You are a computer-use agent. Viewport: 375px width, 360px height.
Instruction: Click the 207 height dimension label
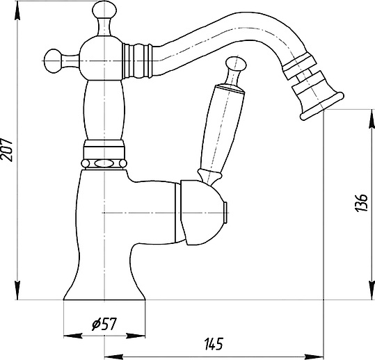click(6, 150)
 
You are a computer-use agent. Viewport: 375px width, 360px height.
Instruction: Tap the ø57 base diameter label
click(104, 324)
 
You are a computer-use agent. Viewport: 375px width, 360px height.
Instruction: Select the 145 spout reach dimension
click(214, 344)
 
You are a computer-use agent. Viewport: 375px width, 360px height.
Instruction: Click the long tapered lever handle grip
click(221, 128)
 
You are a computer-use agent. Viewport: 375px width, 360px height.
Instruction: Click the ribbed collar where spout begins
click(137, 61)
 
